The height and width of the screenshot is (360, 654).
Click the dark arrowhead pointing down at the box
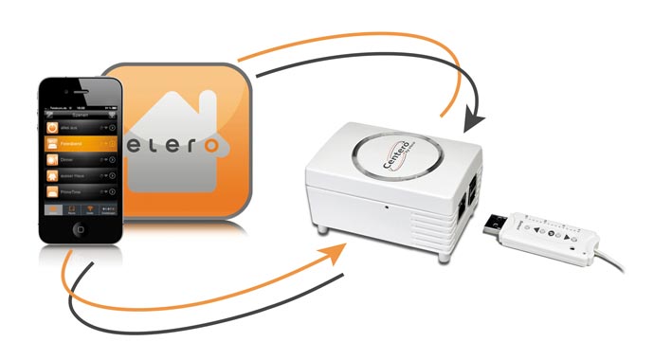point(473,123)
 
